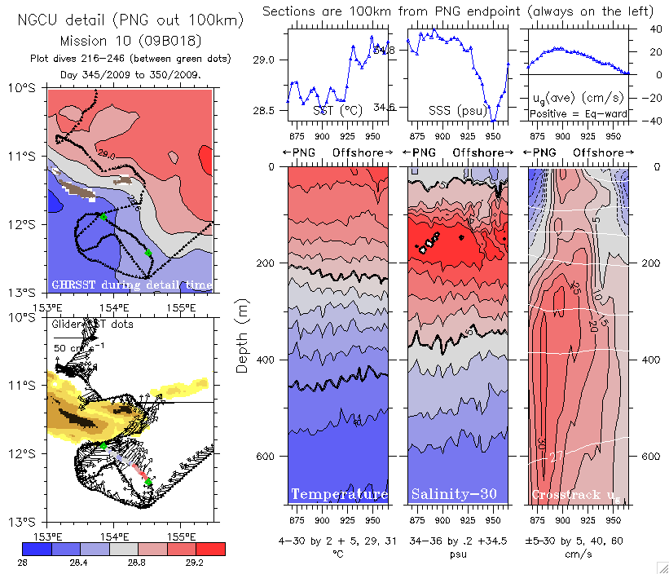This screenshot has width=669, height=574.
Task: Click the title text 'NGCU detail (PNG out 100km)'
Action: click(130, 19)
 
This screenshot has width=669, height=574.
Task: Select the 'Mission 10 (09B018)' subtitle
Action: click(131, 40)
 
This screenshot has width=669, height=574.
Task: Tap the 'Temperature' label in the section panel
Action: click(339, 495)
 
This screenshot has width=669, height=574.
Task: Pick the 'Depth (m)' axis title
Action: click(242, 335)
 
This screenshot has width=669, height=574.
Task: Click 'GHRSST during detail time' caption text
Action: click(131, 285)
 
